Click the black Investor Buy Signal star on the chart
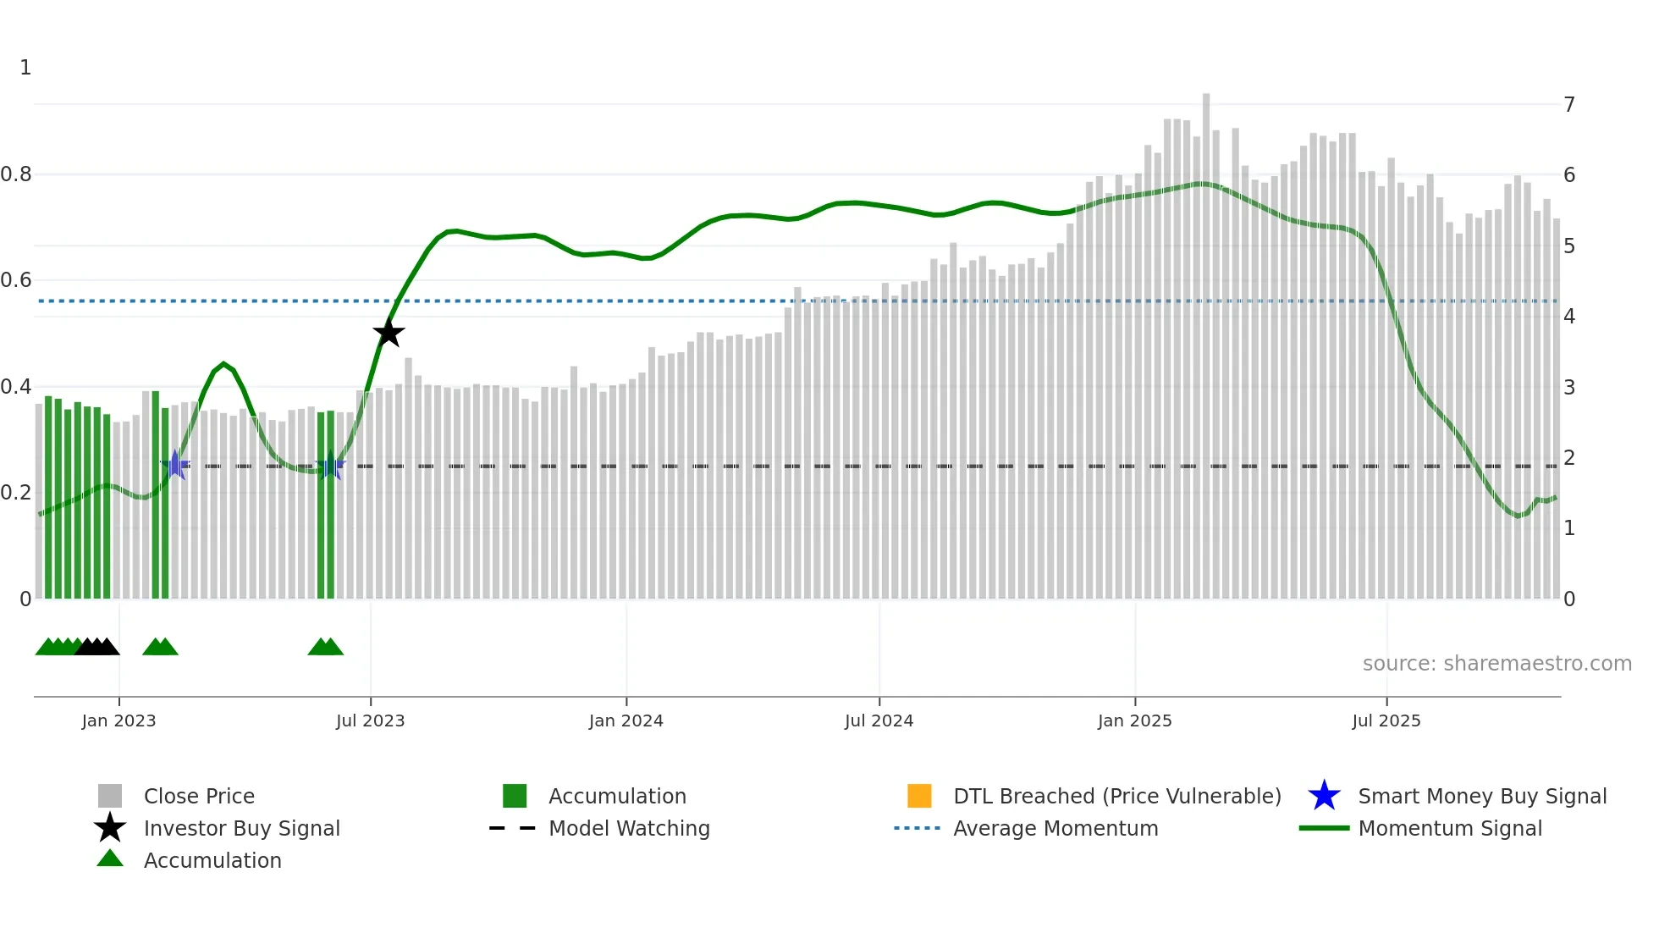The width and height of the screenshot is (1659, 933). (389, 334)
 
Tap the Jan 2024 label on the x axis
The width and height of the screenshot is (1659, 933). (626, 721)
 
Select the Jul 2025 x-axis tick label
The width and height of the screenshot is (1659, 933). (1386, 721)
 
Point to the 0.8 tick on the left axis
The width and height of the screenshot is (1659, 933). (16, 174)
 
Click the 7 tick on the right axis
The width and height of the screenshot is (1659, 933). (1569, 105)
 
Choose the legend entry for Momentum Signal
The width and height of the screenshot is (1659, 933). (1449, 829)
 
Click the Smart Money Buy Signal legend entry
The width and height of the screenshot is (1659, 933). (1481, 797)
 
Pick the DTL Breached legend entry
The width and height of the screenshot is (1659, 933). (1116, 797)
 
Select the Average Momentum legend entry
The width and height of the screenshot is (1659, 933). (1055, 829)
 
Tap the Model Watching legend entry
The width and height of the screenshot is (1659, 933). (628, 829)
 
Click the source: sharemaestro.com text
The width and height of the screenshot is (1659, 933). (1496, 664)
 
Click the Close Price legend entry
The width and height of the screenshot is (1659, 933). (198, 797)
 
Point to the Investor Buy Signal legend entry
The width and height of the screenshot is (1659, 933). (241, 829)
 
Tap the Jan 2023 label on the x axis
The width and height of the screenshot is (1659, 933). (118, 721)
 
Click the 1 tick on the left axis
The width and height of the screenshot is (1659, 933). (25, 68)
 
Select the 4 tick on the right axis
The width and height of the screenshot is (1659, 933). (1569, 317)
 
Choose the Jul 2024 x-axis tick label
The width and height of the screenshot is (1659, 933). (879, 721)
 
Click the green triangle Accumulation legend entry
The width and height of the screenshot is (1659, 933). (212, 861)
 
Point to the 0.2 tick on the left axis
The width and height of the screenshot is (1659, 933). (16, 493)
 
